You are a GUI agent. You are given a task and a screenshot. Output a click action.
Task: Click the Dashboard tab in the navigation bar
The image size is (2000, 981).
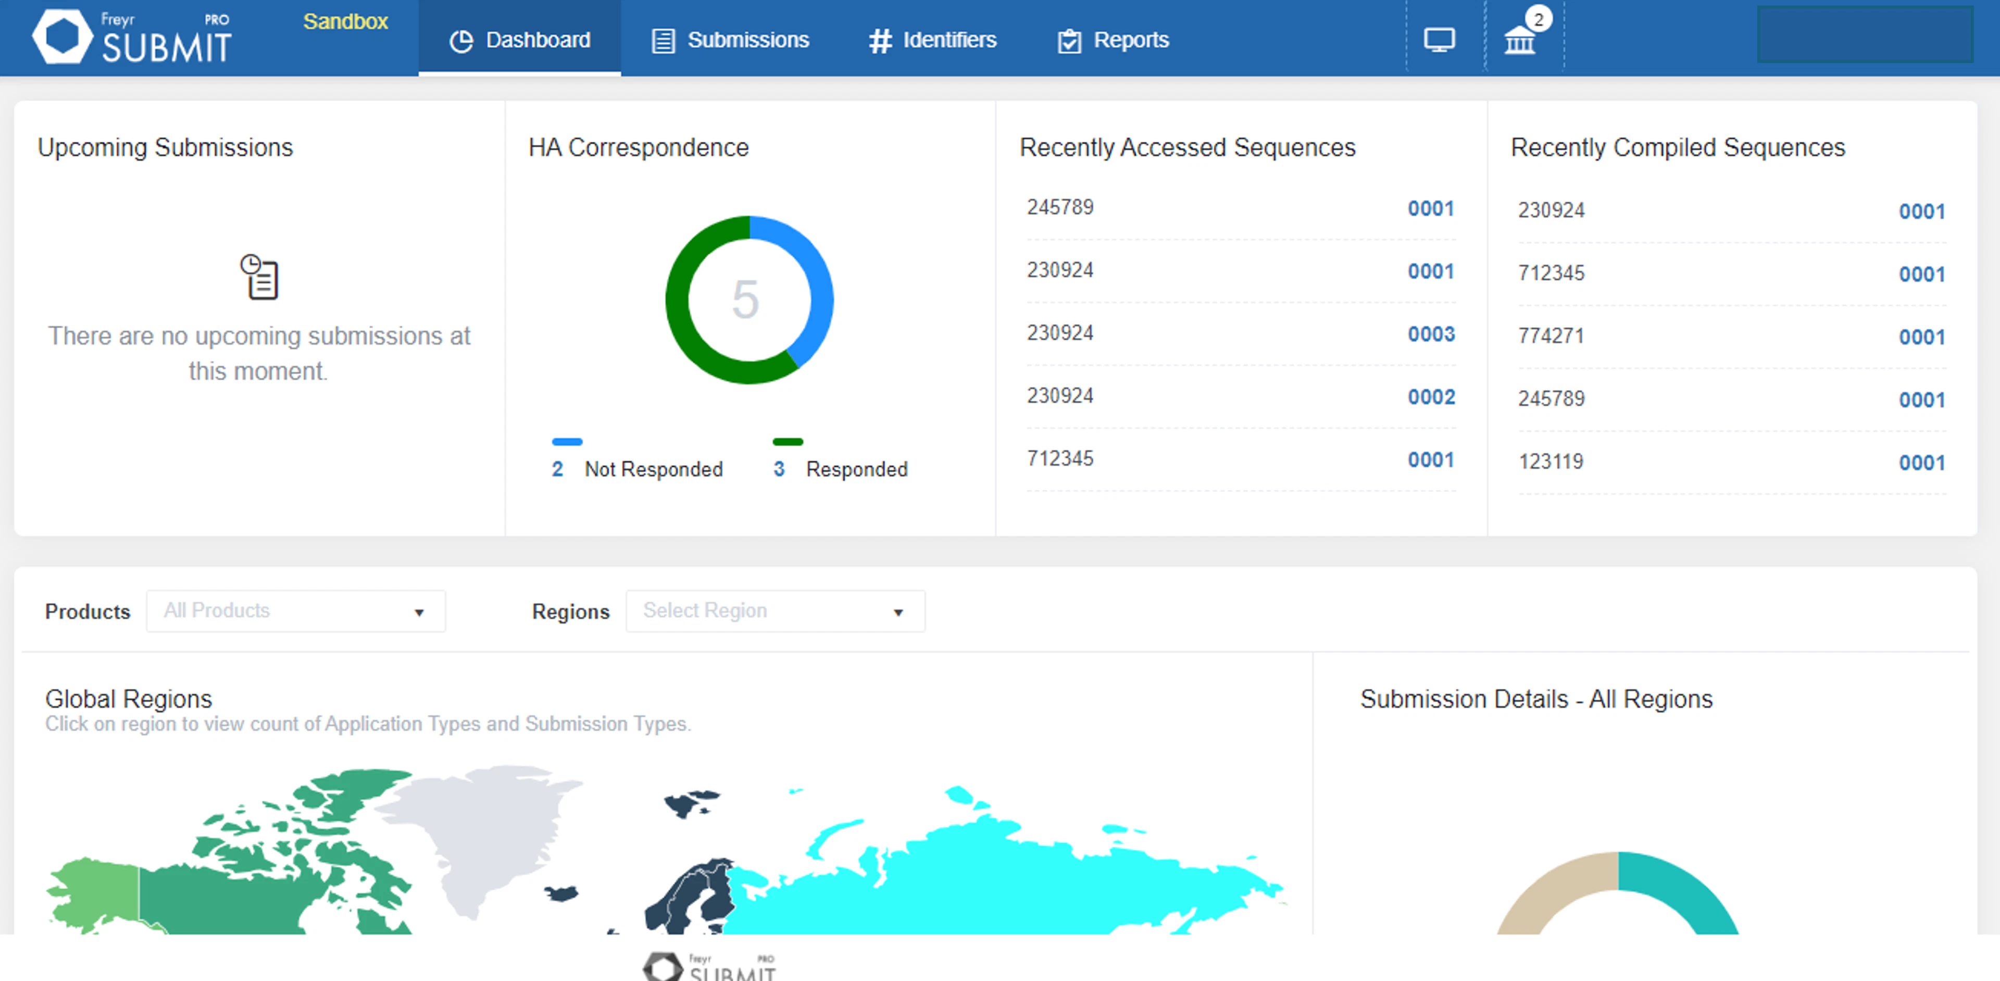point(520,40)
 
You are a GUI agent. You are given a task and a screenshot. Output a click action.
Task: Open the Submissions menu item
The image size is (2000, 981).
point(731,40)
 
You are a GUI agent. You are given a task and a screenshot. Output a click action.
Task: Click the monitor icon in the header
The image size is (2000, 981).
point(1439,40)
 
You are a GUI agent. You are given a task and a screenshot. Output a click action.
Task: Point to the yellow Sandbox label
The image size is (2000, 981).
point(345,22)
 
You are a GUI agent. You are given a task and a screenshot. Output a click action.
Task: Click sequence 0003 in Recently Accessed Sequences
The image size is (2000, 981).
point(1431,334)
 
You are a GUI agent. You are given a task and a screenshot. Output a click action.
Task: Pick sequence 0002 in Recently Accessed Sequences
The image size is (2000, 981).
point(1431,397)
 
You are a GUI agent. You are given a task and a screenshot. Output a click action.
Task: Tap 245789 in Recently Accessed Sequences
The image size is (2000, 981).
point(1060,207)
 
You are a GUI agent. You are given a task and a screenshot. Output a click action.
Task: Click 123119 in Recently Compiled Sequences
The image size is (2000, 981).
point(1551,462)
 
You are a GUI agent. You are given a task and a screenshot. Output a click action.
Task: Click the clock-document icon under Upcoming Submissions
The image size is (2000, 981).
point(259,277)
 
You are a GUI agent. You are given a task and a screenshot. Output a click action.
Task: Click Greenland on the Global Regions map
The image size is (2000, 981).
point(481,831)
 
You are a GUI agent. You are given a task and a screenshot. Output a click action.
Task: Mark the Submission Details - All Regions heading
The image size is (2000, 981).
point(1536,699)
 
